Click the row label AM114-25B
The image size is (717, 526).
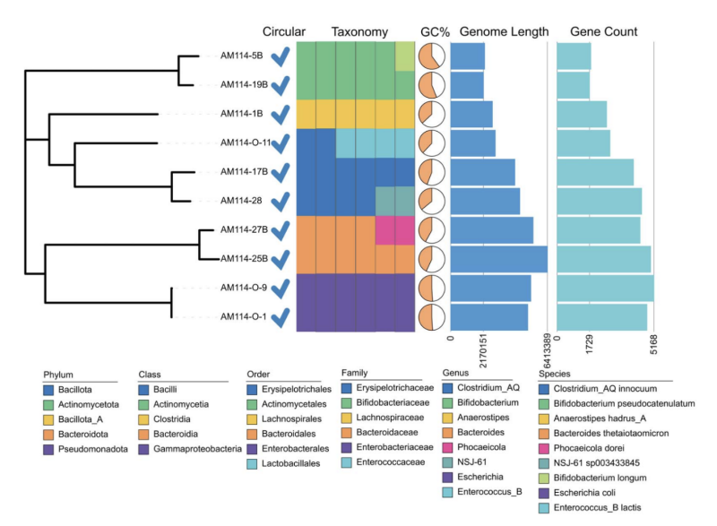pos(244,259)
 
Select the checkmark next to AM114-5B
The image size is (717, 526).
pos(281,57)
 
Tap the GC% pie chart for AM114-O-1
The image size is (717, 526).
pos(431,316)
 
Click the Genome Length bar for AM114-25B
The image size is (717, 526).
pos(499,259)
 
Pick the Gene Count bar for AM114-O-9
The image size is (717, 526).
pos(605,288)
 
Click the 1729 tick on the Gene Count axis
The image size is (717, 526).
pos(589,344)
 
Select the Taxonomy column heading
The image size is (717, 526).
pos(359,32)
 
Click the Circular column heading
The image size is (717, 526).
pos(283,31)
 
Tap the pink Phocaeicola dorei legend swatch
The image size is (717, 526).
pos(544,448)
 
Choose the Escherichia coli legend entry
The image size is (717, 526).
pos(584,493)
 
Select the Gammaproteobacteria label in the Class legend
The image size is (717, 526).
pos(197,449)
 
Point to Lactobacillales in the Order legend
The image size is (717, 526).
pos(290,463)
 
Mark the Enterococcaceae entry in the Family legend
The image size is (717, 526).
pos(391,462)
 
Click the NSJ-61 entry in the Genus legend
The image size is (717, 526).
pos(472,462)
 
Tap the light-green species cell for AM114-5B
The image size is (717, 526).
pos(405,56)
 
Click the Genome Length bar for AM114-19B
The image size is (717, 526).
pos(467,85)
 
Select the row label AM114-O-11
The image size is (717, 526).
pos(246,142)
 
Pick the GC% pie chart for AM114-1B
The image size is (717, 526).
pos(431,114)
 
